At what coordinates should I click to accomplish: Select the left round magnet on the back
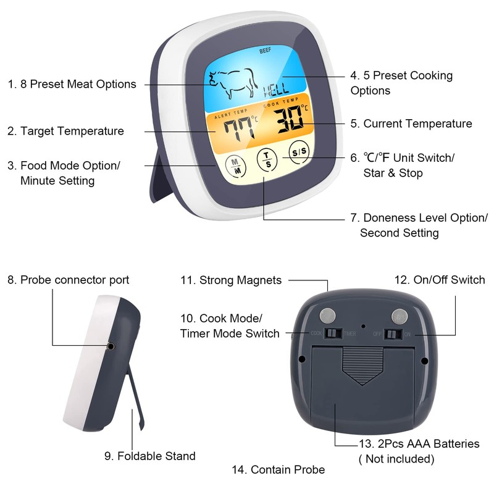tap(327, 316)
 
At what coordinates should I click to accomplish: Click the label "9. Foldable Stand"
tap(150, 456)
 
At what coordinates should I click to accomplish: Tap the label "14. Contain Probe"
tap(278, 470)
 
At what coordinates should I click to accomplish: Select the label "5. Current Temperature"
tap(411, 124)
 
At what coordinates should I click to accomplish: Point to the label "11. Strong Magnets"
tap(231, 280)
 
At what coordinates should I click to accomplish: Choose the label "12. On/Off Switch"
tap(440, 280)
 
